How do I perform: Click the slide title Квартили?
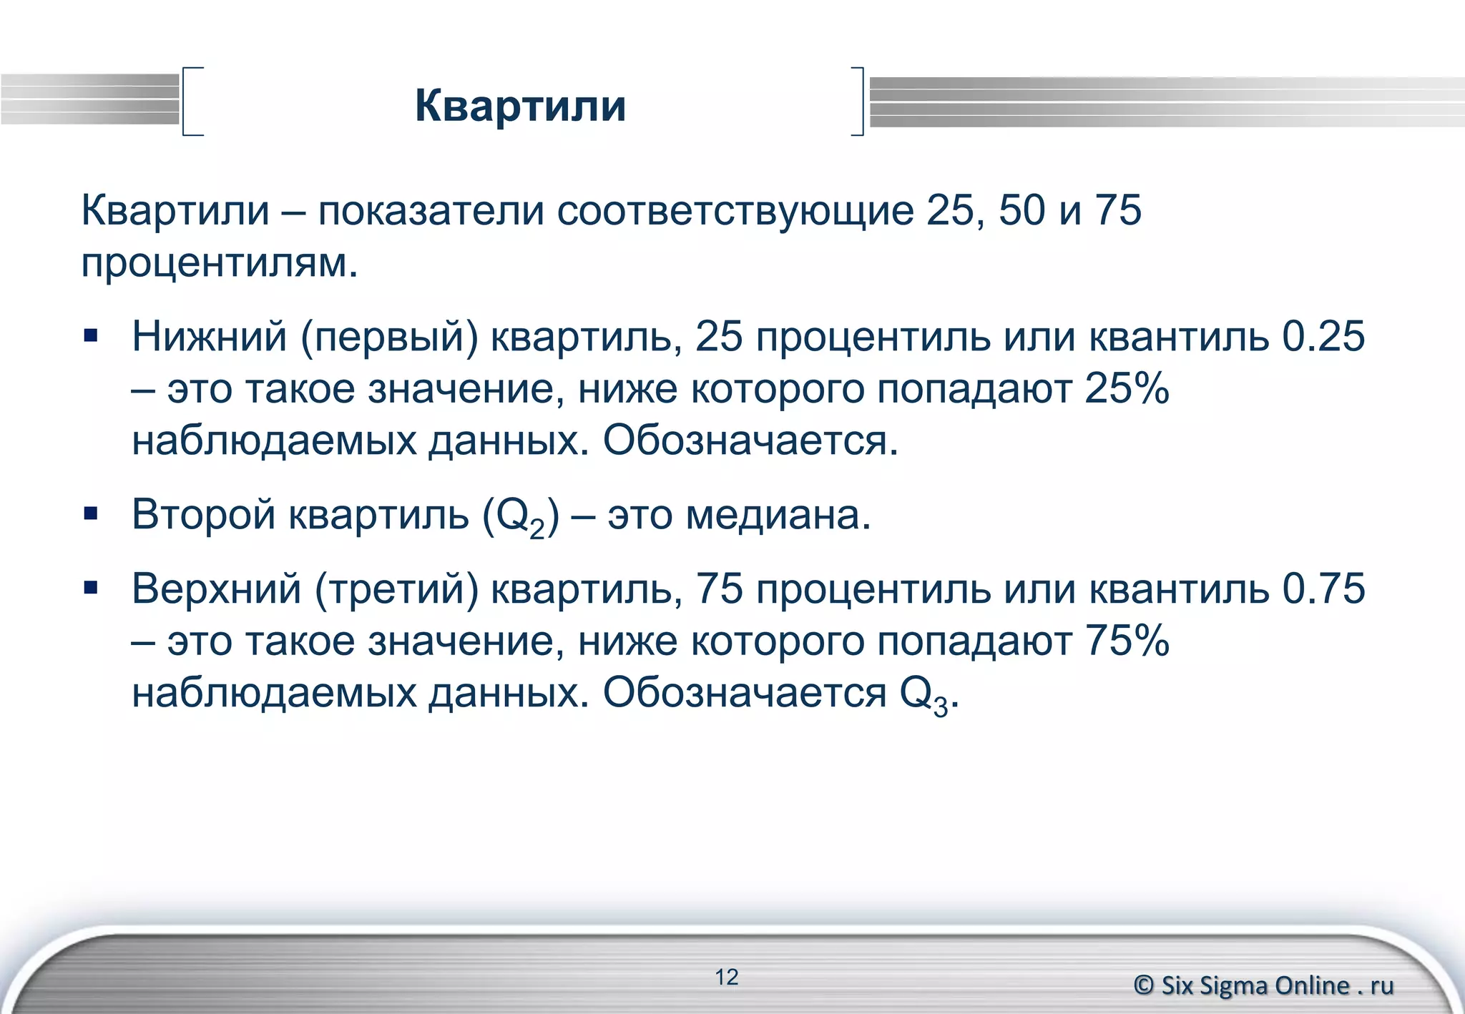click(520, 106)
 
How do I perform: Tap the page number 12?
click(726, 977)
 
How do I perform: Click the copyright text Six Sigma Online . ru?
click(1264, 985)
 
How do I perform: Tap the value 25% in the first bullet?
click(1127, 390)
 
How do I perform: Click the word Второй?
click(203, 515)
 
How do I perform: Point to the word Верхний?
click(216, 589)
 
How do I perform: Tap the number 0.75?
click(1323, 589)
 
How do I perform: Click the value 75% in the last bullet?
click(1127, 641)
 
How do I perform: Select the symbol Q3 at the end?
click(923, 695)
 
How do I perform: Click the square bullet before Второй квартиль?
click(90, 513)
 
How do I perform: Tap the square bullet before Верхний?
click(90, 588)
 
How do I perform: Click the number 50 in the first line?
click(1022, 211)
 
